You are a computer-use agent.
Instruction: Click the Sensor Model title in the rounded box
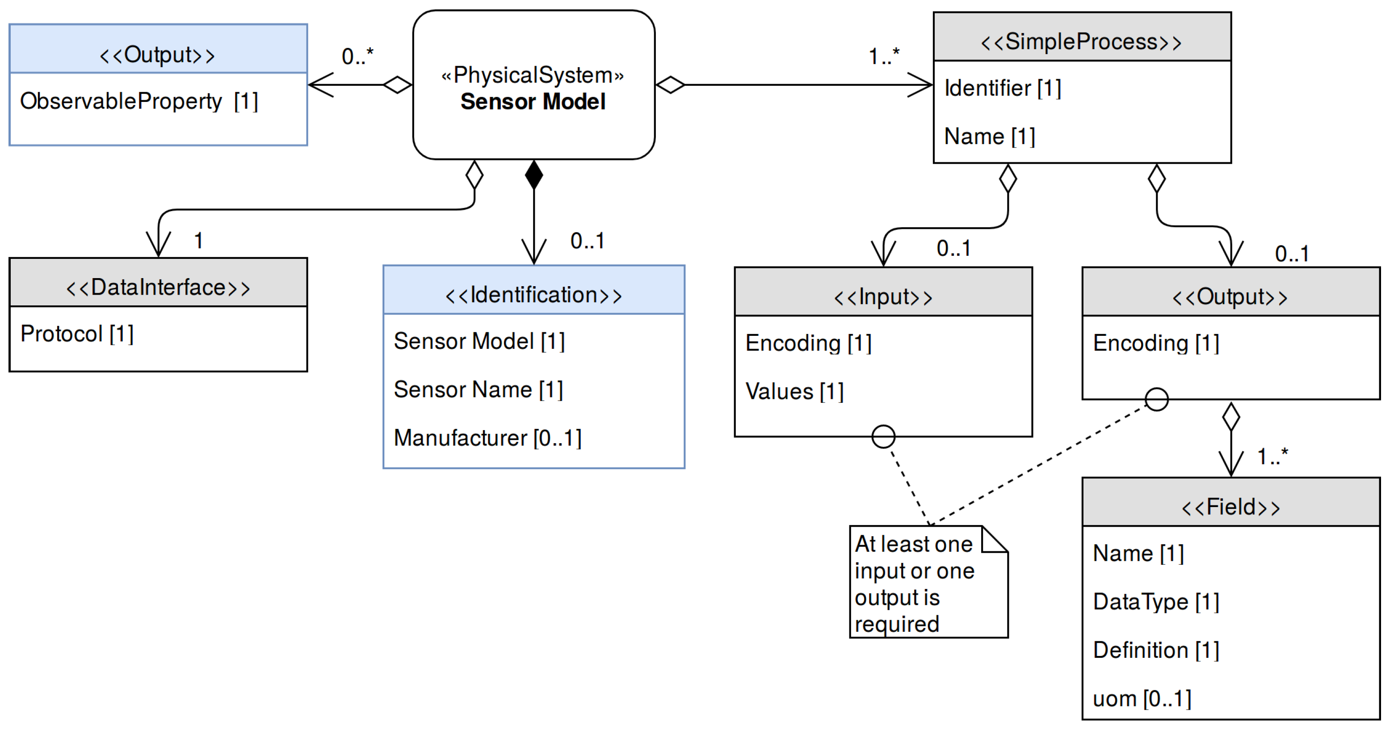click(533, 102)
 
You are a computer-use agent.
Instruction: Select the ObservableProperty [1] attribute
click(139, 101)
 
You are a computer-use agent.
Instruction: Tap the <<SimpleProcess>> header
click(1081, 42)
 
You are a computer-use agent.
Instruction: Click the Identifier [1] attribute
click(1002, 88)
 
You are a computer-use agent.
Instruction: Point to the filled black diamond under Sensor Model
click(533, 174)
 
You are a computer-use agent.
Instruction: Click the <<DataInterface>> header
click(158, 287)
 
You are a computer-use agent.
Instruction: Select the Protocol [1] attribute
click(77, 334)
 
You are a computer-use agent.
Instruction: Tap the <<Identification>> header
click(533, 295)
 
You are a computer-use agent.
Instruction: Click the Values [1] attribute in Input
click(794, 391)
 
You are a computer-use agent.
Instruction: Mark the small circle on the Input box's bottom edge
click(883, 436)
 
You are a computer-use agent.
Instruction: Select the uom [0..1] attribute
click(1142, 698)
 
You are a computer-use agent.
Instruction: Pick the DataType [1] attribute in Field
click(1156, 601)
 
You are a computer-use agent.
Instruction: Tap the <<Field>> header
click(1230, 507)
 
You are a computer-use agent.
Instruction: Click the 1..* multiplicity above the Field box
click(1272, 457)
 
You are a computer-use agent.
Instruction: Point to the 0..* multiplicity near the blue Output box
click(357, 56)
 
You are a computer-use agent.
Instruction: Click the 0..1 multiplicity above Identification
click(587, 241)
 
